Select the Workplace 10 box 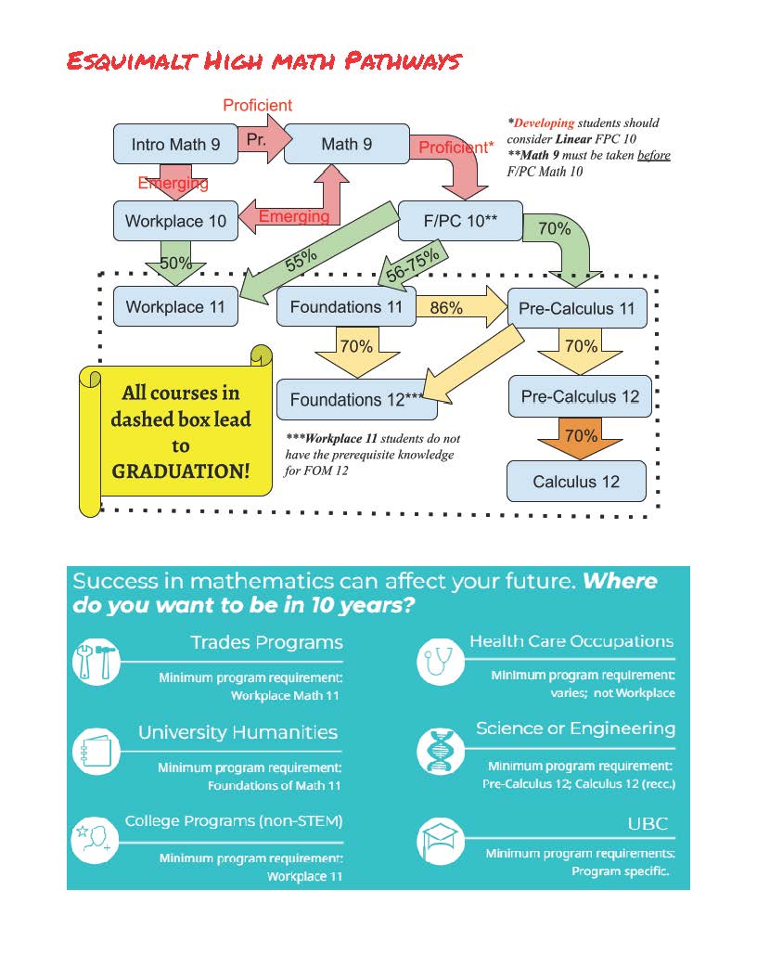[175, 221]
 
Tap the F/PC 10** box [460, 221]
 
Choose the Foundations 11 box [346, 306]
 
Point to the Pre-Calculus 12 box [580, 396]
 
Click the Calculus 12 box [575, 481]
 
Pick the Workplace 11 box [175, 306]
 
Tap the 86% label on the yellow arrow [446, 307]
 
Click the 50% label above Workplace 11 [175, 263]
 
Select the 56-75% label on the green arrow [412, 267]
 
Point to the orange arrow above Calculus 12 [580, 437]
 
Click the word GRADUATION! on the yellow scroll [181, 471]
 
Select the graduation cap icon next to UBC [439, 841]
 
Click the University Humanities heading [237, 732]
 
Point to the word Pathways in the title [403, 62]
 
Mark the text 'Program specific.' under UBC [620, 871]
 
